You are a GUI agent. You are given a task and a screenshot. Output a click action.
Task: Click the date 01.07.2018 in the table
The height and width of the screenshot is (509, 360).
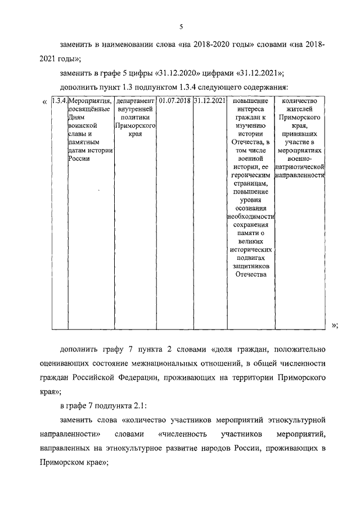click(x=174, y=101)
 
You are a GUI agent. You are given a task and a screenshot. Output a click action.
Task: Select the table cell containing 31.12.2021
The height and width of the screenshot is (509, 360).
click(x=210, y=101)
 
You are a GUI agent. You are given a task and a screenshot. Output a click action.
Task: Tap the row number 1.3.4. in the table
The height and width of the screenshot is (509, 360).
click(x=58, y=101)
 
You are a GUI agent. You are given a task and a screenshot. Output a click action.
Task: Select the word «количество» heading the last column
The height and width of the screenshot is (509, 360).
click(x=299, y=101)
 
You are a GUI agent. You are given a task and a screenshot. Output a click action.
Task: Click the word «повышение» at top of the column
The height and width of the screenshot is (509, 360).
click(x=250, y=101)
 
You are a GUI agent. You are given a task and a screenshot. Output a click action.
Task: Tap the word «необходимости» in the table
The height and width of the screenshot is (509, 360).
click(x=250, y=218)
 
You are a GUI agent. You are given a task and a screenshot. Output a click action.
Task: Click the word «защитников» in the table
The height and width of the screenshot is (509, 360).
click(x=250, y=265)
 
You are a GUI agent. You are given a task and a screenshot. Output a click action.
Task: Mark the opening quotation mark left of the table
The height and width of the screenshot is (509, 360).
click(x=44, y=102)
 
